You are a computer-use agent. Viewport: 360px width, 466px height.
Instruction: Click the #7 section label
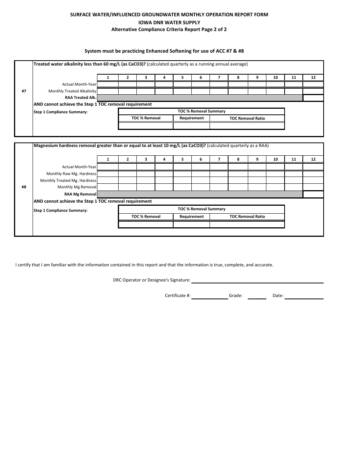(24, 91)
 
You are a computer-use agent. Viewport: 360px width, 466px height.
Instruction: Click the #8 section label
(24, 187)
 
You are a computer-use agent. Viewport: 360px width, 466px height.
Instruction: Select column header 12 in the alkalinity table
(313, 78)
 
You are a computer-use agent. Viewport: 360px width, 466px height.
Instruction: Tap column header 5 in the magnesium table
(182, 160)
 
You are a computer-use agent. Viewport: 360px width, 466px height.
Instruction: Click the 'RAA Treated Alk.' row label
(80, 98)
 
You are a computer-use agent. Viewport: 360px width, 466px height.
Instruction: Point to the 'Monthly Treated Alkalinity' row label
(72, 91)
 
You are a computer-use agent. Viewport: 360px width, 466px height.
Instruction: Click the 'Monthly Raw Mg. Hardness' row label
(71, 174)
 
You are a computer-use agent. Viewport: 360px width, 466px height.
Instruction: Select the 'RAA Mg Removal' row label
(80, 194)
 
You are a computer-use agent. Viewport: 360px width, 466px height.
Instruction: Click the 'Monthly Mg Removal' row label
(77, 187)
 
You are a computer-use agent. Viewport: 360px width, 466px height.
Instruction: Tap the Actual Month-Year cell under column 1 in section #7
(108, 84)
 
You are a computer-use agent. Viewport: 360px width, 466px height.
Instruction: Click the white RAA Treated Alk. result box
(313, 98)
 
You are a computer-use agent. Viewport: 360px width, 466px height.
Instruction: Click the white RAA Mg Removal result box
(313, 194)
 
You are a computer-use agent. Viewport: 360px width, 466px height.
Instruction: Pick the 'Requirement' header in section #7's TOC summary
(191, 118)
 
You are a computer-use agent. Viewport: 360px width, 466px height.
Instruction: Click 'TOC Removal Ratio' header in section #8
(247, 217)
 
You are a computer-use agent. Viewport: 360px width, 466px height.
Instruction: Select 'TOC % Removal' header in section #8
(146, 217)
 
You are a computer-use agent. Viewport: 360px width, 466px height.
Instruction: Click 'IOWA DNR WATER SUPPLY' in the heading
(169, 22)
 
